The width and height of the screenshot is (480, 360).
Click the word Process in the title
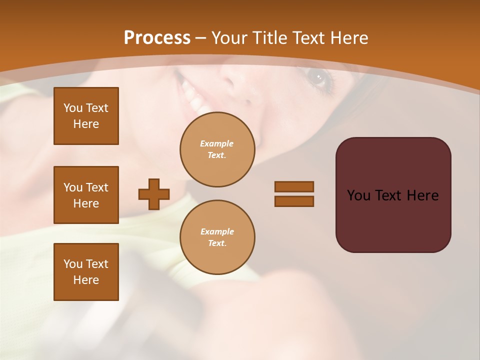pos(157,38)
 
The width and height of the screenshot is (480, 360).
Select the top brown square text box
pos(86,116)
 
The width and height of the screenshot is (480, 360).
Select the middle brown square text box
pos(86,195)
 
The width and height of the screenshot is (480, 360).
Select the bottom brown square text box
pos(86,272)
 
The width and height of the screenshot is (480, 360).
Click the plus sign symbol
pos(154,194)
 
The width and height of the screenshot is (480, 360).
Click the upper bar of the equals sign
pos(294,186)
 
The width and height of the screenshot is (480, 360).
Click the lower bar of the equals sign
pos(294,201)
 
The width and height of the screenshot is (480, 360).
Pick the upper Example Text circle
pos(217,149)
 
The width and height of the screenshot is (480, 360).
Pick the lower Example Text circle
pos(217,237)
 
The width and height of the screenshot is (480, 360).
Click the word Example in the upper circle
pos(216,143)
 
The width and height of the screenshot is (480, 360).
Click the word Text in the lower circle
pos(216,243)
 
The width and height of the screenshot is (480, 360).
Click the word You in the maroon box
pos(358,195)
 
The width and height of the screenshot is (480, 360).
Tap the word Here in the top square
pos(86,124)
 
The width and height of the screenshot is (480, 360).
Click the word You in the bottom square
pos(73,264)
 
